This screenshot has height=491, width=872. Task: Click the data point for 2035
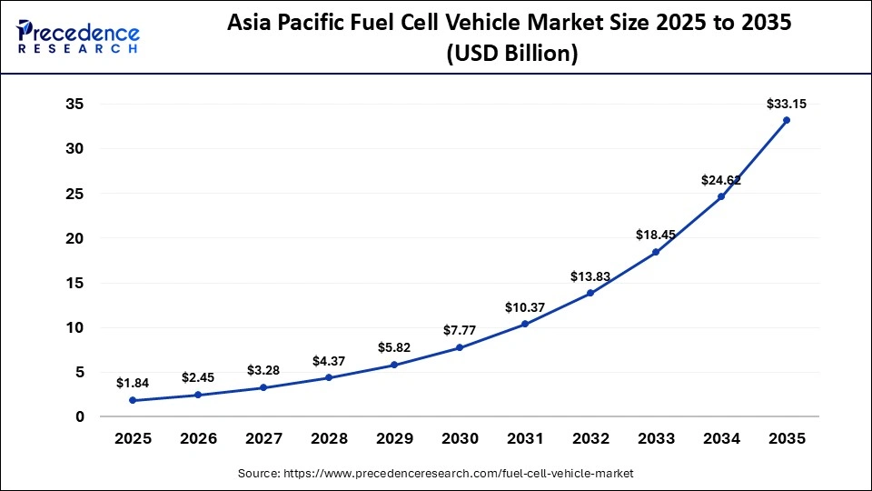coord(787,120)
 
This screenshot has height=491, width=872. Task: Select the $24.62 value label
coord(721,180)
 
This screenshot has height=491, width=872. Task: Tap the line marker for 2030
coord(460,347)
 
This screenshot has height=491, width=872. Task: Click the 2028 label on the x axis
coord(329,439)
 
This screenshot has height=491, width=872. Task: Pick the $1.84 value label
coord(133,383)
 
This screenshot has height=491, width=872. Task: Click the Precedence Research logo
coord(78,37)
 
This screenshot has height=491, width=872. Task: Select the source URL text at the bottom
coord(436,474)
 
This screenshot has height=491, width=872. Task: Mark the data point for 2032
coord(590,293)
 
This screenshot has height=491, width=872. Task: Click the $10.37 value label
coord(525,306)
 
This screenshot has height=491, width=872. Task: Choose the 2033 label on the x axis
coord(656,439)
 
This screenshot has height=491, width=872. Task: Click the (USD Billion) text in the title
coord(510,55)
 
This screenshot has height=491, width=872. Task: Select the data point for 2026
coord(198,395)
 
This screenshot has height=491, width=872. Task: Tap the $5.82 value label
coord(394,347)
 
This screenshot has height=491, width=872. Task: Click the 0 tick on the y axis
coord(80,416)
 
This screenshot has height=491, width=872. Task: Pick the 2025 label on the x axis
coord(133,439)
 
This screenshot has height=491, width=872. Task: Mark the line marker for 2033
coord(656,252)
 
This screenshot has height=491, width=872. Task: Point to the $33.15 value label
coord(787,104)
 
